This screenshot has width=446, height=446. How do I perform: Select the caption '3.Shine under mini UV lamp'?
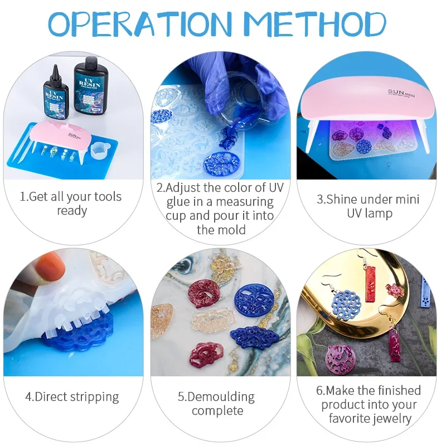pos(368,206)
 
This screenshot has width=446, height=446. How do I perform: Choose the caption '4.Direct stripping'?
pos(72,397)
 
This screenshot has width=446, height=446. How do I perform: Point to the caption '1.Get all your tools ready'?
pos(71,203)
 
